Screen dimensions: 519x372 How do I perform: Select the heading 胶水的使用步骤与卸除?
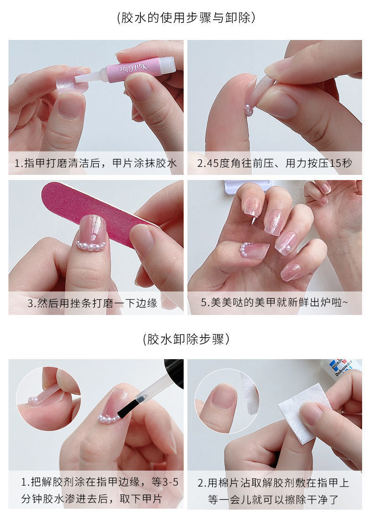186,18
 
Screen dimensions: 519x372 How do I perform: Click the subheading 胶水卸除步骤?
186,339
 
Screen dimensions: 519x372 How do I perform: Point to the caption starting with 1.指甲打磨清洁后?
96,163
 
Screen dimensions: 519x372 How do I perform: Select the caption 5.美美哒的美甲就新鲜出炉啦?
275,303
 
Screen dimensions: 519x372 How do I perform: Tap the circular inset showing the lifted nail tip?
48,399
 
